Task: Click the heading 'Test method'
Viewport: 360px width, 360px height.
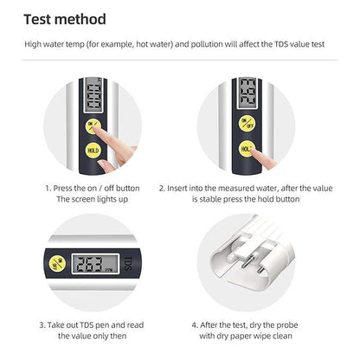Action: point(65,18)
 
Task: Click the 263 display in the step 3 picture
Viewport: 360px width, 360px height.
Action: point(90,265)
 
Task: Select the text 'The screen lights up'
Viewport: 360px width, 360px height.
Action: point(93,199)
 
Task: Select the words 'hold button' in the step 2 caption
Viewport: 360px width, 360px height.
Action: point(275,199)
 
